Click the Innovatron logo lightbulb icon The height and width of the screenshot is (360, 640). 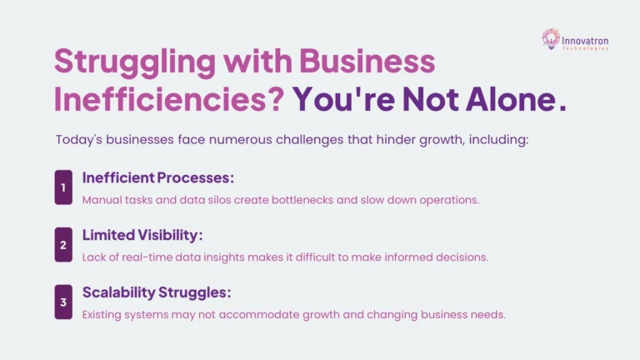(x=551, y=37)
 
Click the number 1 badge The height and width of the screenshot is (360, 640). (x=63, y=187)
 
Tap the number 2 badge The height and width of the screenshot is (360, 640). (x=63, y=245)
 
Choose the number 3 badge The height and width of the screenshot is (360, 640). (x=63, y=302)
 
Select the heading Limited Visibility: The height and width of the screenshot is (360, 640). (x=142, y=236)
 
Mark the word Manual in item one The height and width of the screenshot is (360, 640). (x=101, y=199)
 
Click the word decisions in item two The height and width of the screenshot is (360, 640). (x=463, y=257)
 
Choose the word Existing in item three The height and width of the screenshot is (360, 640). (x=103, y=314)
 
